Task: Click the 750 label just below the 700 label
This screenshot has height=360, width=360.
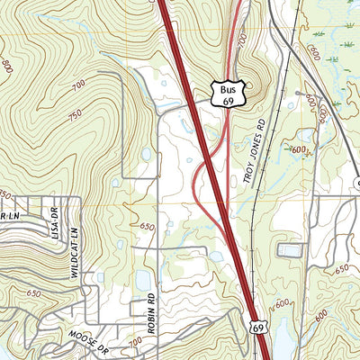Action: pos(75,114)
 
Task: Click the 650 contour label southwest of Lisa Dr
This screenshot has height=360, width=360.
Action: pos(33,293)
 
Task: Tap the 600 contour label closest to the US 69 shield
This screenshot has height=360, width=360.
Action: pos(281,304)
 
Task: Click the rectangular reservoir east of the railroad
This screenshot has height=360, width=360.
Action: pos(290,249)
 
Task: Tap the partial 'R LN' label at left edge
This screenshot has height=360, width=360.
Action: pos(9,217)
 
